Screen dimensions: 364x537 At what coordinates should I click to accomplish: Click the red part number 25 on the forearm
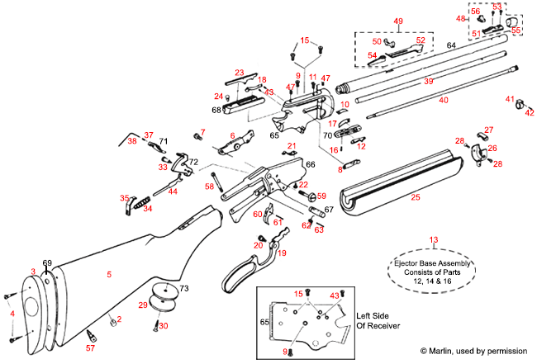(415, 197)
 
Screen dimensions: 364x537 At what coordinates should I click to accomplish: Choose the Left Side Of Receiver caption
(378, 320)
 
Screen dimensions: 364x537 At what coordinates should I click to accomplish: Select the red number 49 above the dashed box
(397, 21)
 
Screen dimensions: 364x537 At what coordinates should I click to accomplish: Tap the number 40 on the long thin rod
(444, 100)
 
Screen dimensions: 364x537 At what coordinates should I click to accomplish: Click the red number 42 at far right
(530, 112)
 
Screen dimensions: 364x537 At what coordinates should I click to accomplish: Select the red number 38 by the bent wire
(132, 142)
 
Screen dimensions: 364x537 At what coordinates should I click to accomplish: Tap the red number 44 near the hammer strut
(172, 191)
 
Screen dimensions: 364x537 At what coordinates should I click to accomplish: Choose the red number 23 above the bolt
(240, 73)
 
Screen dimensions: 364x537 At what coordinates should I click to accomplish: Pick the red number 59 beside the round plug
(321, 196)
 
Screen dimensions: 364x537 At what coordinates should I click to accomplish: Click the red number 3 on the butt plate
(33, 271)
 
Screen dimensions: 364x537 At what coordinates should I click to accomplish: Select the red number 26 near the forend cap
(492, 149)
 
